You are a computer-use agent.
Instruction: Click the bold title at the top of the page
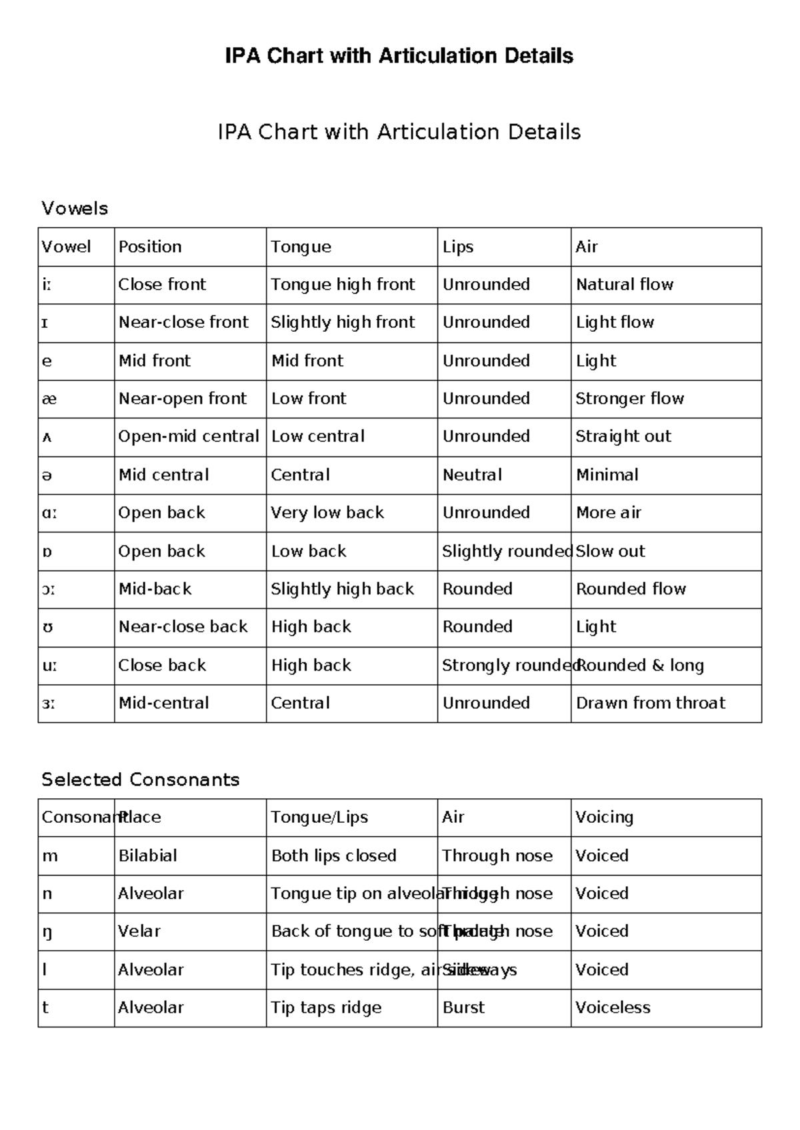point(399,55)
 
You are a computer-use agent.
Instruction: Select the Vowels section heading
point(75,209)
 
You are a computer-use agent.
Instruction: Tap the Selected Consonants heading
point(140,780)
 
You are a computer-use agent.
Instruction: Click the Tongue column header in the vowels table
point(301,247)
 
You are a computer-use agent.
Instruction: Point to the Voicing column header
point(604,818)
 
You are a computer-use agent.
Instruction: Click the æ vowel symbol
point(49,399)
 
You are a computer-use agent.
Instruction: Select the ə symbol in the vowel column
point(47,476)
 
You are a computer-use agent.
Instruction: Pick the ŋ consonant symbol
point(47,932)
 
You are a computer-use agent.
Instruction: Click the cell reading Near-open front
point(183,399)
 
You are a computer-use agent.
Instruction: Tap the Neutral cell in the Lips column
point(472,475)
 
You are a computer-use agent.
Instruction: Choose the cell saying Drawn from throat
point(651,703)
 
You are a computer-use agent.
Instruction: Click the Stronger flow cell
point(630,399)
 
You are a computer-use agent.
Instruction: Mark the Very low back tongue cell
point(327,513)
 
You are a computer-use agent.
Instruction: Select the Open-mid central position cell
point(189,436)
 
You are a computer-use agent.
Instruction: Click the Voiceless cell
point(613,1007)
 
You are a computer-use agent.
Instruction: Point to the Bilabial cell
point(148,855)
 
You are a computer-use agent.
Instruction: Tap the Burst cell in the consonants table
point(463,1007)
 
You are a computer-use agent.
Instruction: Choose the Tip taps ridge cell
point(326,1007)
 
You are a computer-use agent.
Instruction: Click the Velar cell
point(139,931)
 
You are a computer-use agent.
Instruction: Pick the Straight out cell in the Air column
point(623,436)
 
